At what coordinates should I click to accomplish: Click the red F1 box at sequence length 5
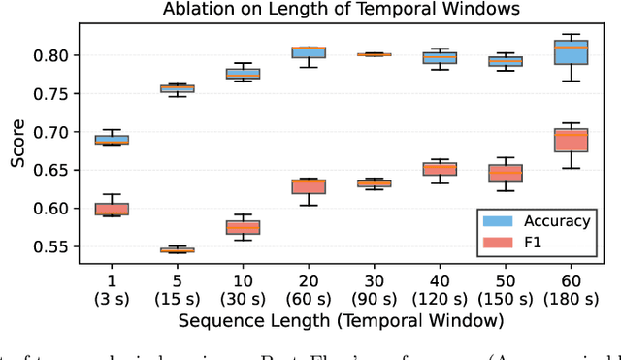point(177,249)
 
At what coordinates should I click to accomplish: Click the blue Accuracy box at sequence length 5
point(177,88)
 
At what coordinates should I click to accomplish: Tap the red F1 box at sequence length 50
point(505,174)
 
